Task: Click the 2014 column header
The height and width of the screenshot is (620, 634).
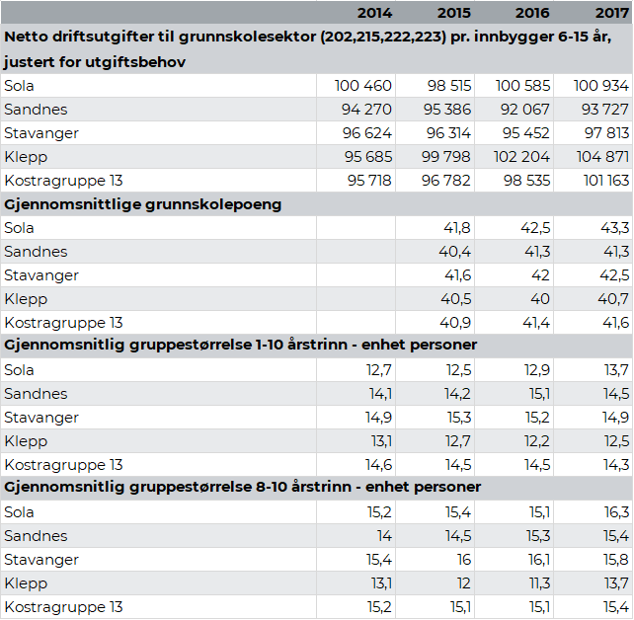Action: point(373,13)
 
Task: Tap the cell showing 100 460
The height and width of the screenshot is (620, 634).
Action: point(364,86)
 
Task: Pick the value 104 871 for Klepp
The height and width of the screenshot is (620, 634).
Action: point(601,157)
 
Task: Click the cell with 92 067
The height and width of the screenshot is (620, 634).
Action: point(522,110)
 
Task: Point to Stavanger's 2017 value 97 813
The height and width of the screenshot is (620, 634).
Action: point(602,133)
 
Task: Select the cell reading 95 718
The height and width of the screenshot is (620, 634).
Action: point(368,181)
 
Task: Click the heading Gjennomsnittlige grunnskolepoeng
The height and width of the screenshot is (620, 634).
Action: point(143,204)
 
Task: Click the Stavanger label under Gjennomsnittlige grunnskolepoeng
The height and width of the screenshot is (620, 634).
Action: point(41,275)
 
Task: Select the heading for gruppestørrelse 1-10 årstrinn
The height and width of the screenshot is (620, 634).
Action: point(241,346)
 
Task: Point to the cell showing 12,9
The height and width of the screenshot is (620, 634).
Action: point(537,370)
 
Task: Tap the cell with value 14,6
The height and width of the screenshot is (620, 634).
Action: point(379,465)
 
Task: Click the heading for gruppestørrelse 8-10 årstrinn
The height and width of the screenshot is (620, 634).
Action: point(243,488)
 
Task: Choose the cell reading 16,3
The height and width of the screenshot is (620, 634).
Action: point(616,512)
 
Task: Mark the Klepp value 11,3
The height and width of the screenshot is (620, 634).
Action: point(538,583)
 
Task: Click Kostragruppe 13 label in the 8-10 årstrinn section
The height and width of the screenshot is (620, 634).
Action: point(63,607)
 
